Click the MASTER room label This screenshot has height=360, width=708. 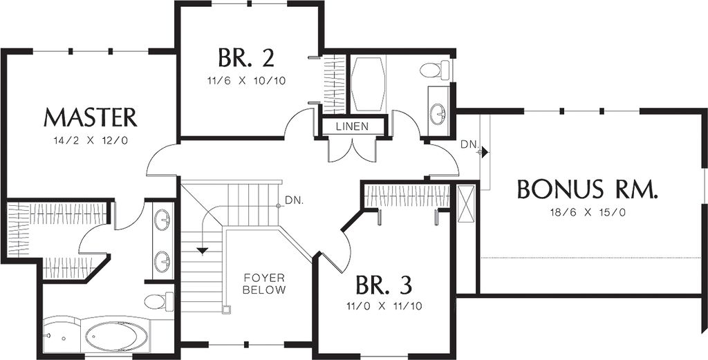coord(91,117)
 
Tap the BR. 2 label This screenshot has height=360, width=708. coord(247,57)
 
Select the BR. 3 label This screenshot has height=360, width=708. coord(384,284)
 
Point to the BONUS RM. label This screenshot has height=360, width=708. coord(588,189)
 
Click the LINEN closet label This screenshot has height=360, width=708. coord(352,126)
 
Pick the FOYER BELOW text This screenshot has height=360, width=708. coord(264,284)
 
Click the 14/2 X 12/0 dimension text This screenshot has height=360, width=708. coord(91,140)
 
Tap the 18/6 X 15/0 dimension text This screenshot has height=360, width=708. coord(588,213)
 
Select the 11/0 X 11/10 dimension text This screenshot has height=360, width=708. coord(384,307)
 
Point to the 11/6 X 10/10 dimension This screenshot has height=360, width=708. coord(247,82)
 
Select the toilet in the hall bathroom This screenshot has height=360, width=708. coord(434,70)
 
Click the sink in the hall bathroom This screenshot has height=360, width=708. coord(438,113)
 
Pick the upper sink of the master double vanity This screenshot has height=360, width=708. coord(162,220)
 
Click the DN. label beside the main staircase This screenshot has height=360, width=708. coord(295,200)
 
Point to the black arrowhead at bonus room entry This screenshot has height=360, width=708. coord(485,152)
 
